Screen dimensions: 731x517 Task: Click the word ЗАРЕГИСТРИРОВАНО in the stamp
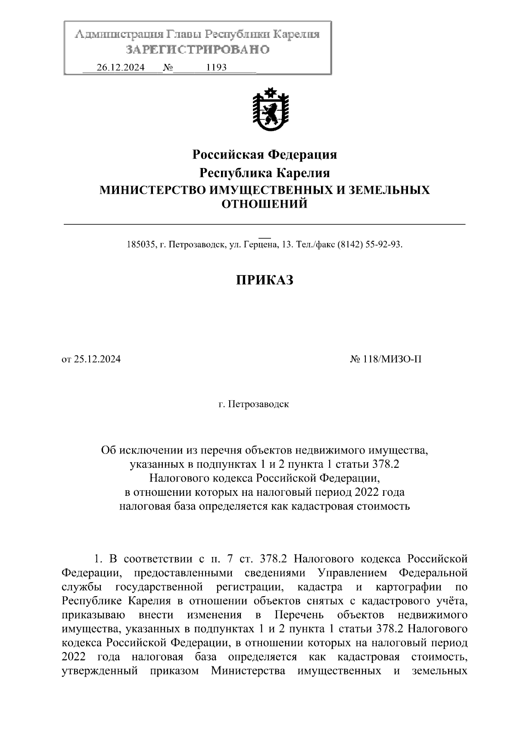(197, 50)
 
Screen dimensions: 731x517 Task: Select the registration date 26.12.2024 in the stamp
(121, 68)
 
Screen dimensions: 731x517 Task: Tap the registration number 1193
(217, 68)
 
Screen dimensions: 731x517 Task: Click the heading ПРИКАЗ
(265, 280)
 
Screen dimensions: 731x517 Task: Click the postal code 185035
(140, 245)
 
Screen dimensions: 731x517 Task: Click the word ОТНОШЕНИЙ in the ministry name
(265, 204)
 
